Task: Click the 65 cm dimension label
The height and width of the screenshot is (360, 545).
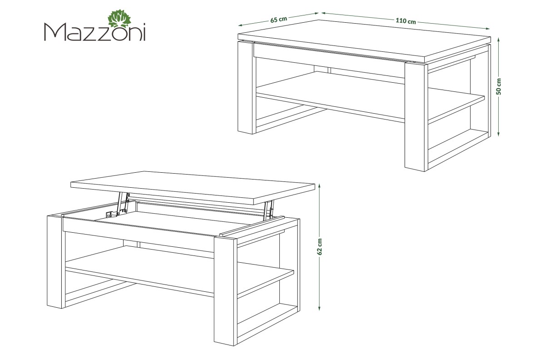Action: click(x=279, y=20)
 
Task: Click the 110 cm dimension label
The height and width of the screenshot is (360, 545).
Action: click(x=406, y=21)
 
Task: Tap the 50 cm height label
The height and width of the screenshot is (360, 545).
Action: click(x=499, y=86)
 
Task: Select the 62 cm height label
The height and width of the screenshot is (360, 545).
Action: click(x=320, y=246)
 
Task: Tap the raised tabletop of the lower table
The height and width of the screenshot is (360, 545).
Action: click(x=192, y=188)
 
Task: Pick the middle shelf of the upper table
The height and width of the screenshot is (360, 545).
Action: click(x=370, y=97)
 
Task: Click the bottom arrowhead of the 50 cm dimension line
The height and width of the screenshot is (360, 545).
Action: click(x=499, y=134)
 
